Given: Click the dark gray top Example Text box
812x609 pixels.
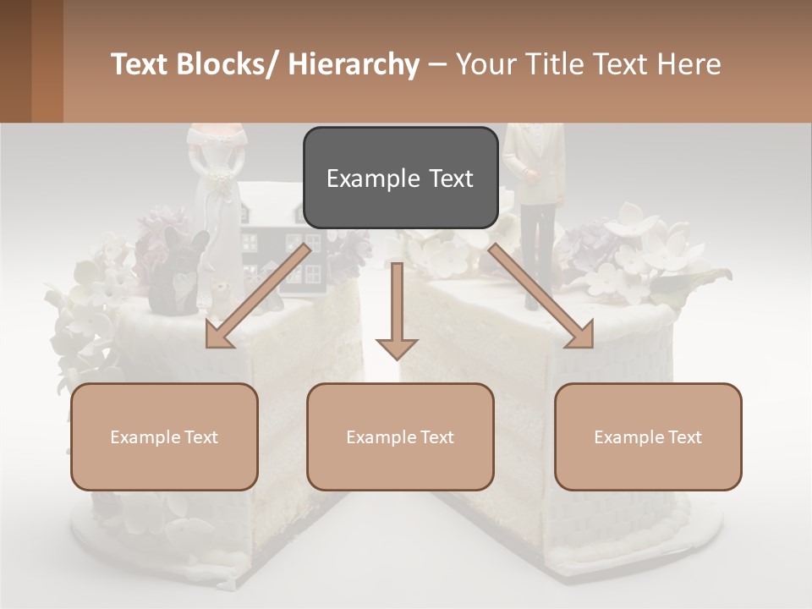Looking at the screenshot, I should coord(400,178).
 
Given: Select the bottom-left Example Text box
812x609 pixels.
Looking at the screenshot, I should coord(164,436).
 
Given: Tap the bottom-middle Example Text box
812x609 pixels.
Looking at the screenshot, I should coord(400,436).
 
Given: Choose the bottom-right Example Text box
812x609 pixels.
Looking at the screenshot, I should coord(648,436).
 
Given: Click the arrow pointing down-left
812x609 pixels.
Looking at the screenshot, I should coord(255,297).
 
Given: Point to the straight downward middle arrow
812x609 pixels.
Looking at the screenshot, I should coord(397,313).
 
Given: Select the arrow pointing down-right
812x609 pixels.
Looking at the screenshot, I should coord(542,297).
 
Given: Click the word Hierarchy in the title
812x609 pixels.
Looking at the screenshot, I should coord(354,64).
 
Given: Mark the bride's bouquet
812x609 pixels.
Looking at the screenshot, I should coord(221,182).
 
